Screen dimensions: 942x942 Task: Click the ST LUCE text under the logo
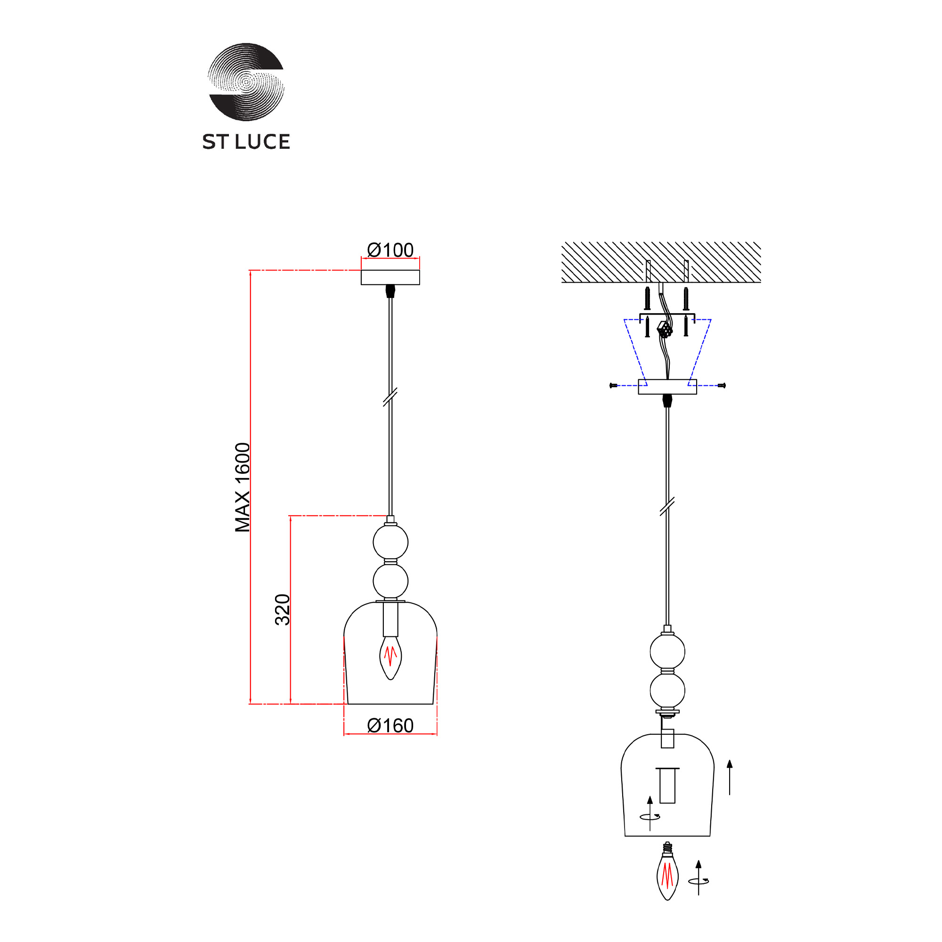pyautogui.click(x=246, y=142)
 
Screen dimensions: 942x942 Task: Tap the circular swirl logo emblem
pyautogui.click(x=246, y=82)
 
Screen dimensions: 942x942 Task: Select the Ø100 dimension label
pyautogui.click(x=390, y=250)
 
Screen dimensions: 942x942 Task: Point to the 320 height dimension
pyautogui.click(x=283, y=609)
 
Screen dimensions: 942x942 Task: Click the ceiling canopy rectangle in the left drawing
pyautogui.click(x=390, y=277)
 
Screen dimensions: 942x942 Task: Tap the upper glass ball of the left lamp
pyautogui.click(x=390, y=542)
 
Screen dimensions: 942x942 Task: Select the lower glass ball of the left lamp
pyautogui.click(x=390, y=581)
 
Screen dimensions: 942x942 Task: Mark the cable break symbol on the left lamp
pyautogui.click(x=390, y=397)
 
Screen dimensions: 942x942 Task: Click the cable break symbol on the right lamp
pyautogui.click(x=667, y=506)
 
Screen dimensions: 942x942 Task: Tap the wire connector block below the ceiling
pyautogui.click(x=665, y=330)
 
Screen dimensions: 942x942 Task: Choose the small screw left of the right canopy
pyautogui.click(x=613, y=386)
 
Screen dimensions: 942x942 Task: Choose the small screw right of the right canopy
pyautogui.click(x=722, y=386)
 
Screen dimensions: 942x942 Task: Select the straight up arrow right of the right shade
pyautogui.click(x=730, y=777)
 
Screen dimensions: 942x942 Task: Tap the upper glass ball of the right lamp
pyautogui.click(x=667, y=651)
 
